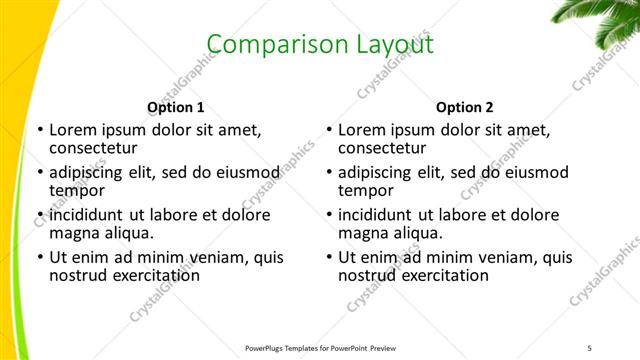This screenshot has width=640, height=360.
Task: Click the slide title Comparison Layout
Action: pos(320,44)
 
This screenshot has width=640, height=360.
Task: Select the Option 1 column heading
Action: pos(176,108)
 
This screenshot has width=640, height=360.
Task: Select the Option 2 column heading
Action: pos(464,108)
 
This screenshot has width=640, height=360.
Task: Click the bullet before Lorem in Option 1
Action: pos(39,130)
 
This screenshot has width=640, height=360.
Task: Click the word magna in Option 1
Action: pos(74,233)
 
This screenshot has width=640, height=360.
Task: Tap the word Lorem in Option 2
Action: pos(362,130)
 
